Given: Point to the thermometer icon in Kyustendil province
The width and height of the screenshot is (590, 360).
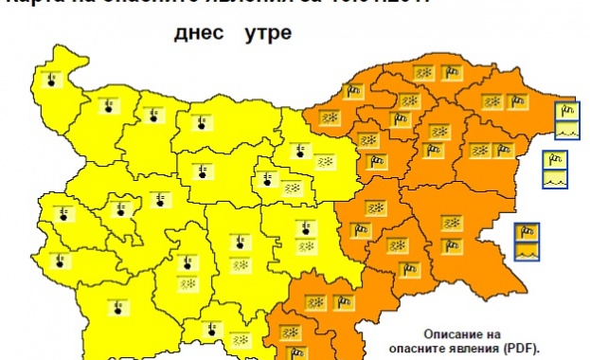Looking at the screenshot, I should pyautogui.click(x=63, y=259).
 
